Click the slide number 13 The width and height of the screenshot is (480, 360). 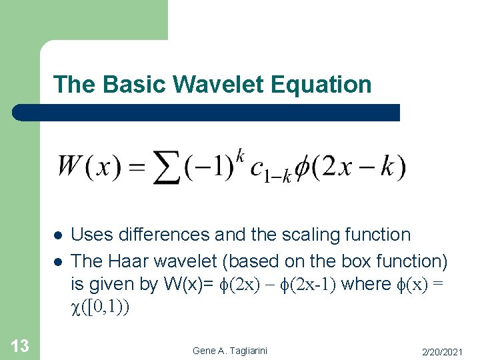(19, 345)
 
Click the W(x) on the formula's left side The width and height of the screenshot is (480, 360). (89, 166)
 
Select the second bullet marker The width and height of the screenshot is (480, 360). (58, 260)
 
